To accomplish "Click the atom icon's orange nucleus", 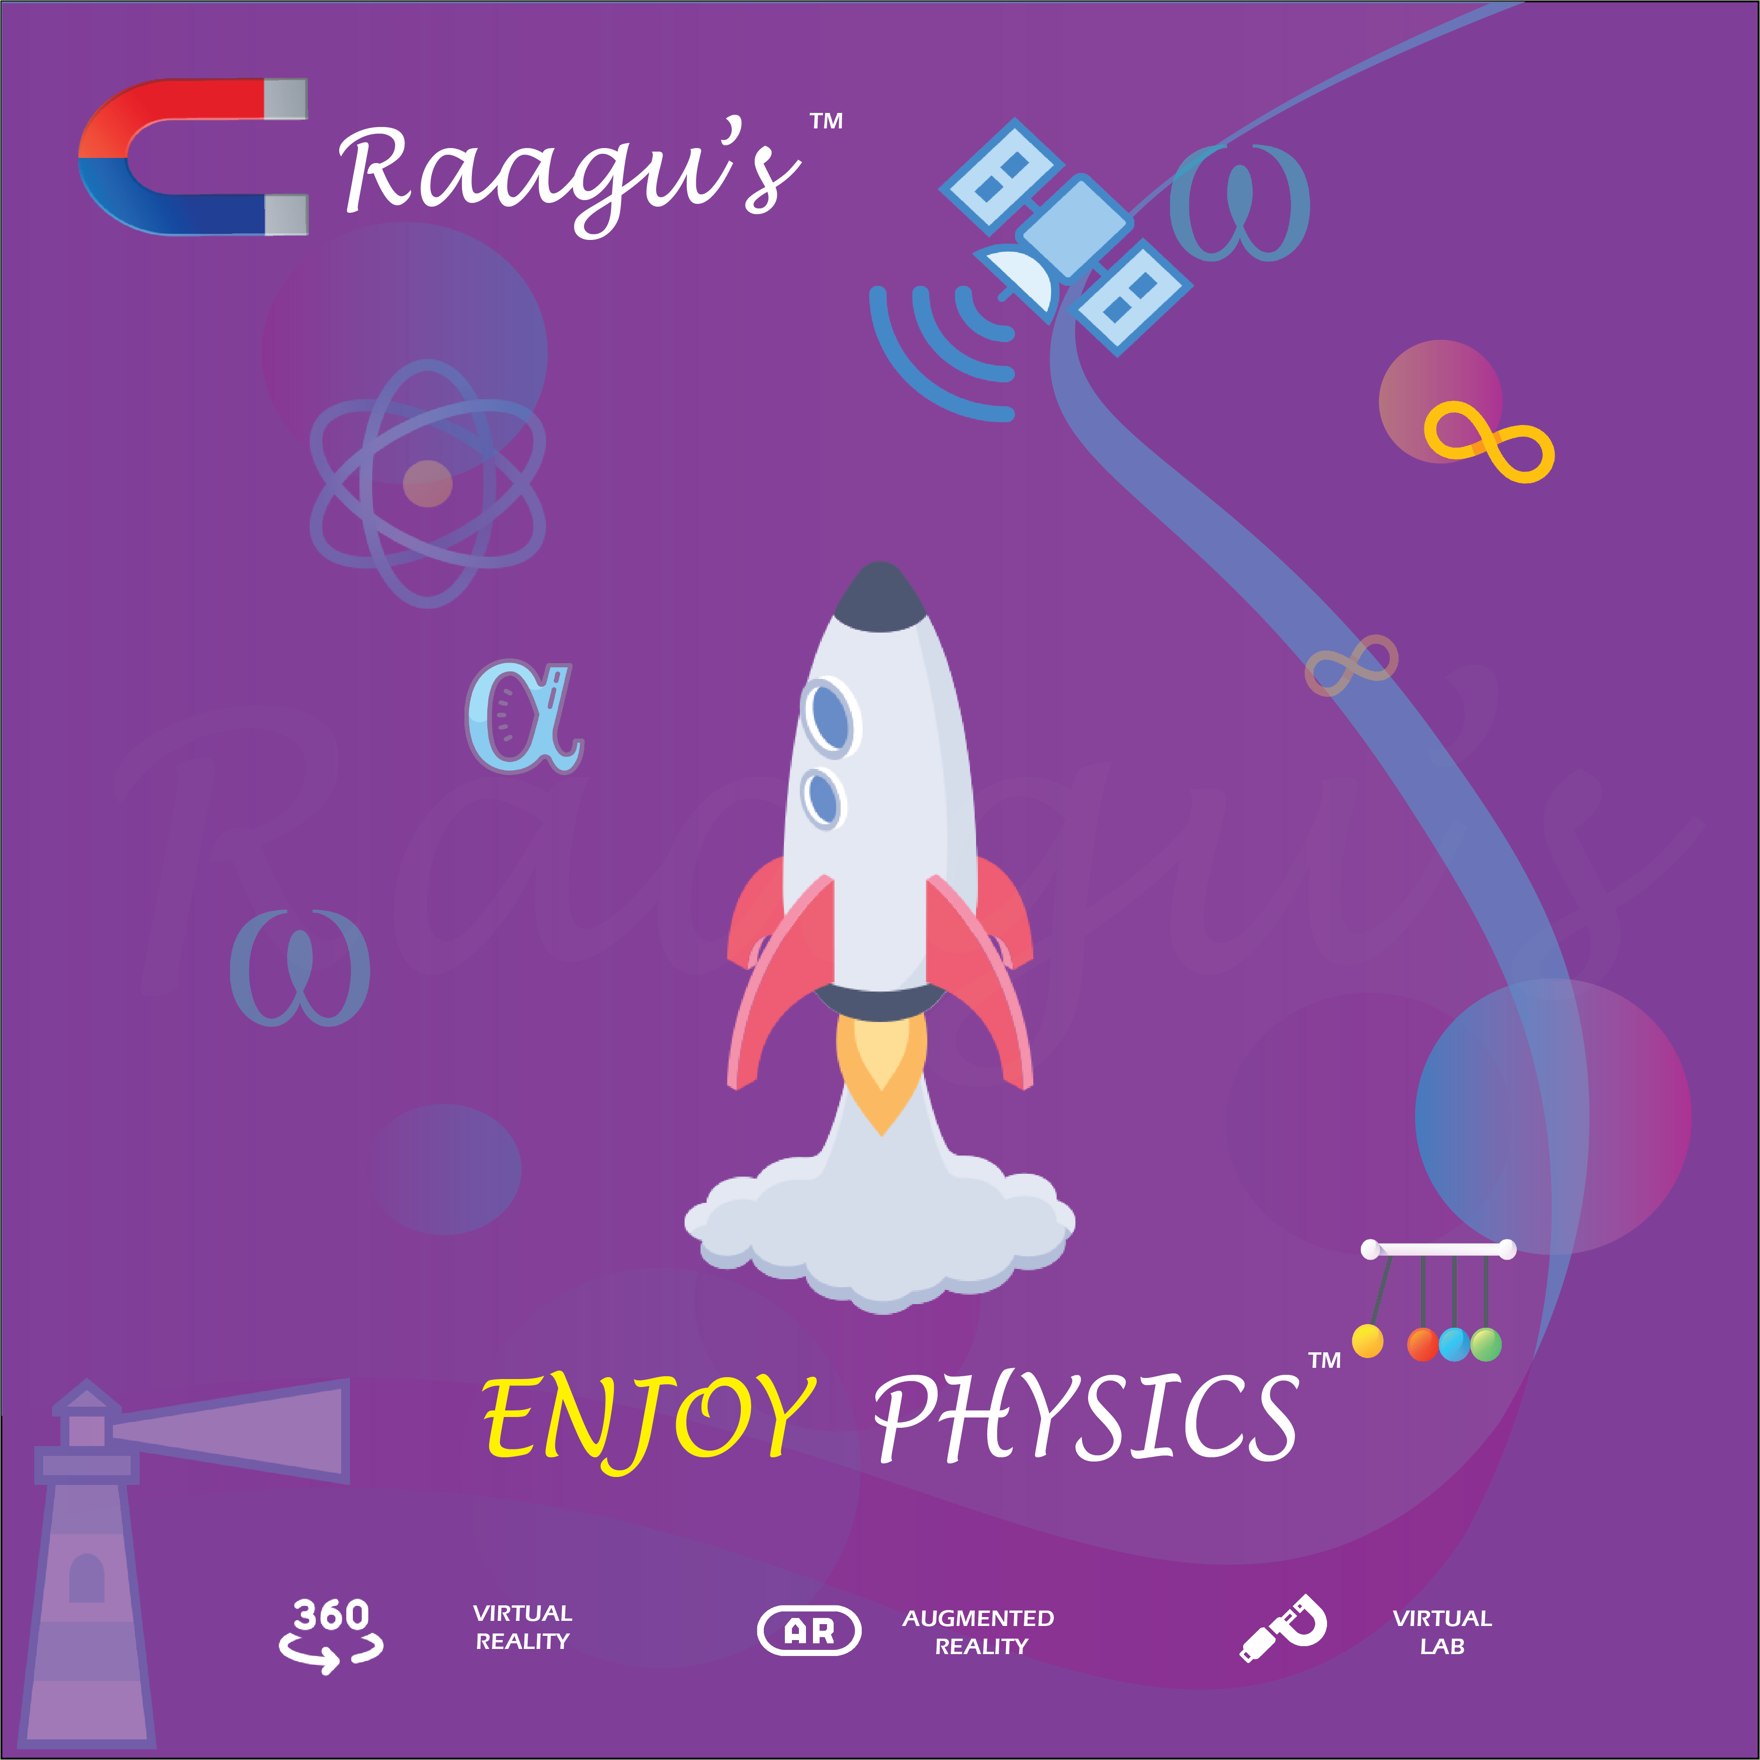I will [427, 483].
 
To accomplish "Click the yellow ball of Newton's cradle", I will [1367, 1341].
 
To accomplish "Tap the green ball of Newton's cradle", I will [1486, 1344].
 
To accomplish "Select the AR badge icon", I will [809, 1631].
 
